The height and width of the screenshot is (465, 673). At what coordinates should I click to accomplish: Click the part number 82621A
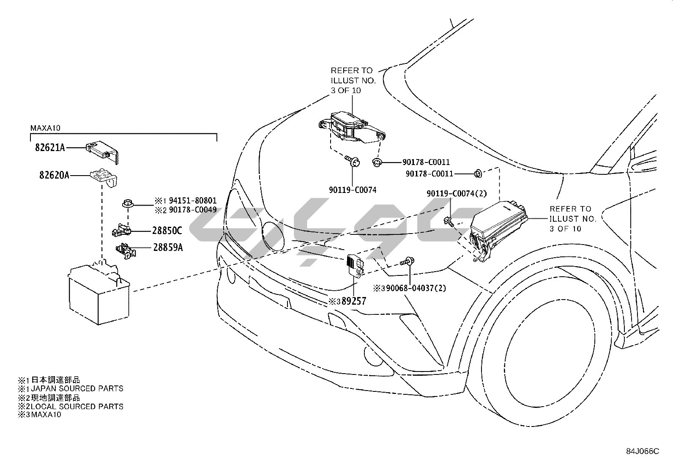pos(50,147)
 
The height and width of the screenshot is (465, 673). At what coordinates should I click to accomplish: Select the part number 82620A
pos(54,175)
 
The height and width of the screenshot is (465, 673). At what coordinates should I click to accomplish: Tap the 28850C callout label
pos(167,231)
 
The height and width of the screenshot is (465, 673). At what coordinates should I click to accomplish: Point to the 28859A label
pos(168,247)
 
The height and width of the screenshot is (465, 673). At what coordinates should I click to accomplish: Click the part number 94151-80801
pos(193,201)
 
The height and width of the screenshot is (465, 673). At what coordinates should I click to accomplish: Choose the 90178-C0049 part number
pos(193,209)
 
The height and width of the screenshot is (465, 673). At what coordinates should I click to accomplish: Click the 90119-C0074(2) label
pos(457,193)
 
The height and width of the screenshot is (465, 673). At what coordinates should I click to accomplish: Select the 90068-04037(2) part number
pos(416,288)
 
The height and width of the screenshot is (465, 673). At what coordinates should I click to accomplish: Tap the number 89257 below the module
pos(354,301)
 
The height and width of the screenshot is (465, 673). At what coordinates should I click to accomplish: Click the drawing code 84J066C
pos(643,451)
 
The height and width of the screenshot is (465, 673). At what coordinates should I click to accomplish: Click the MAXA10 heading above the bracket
pos(45,128)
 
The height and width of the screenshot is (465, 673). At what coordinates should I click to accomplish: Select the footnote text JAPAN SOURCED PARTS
pos(77,388)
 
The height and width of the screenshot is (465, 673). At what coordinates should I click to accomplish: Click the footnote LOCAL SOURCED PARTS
pos(77,407)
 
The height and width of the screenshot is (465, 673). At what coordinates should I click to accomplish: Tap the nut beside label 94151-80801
pos(128,204)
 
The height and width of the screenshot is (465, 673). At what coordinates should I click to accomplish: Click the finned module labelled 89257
pos(356,265)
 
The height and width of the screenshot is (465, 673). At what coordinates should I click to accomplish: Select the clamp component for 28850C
pos(121,230)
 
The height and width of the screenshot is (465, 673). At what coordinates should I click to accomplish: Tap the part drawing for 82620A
pos(104,179)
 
